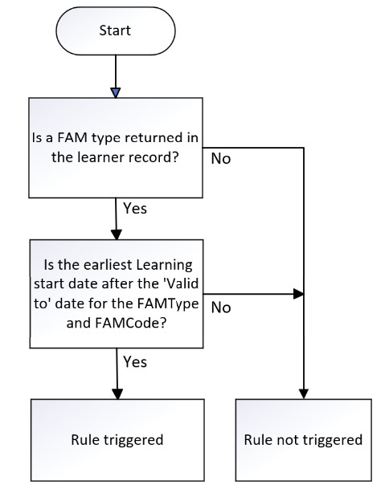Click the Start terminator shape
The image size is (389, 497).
116,31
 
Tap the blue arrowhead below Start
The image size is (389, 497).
116,93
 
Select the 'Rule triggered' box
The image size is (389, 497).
117,440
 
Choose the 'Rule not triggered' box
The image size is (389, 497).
303,440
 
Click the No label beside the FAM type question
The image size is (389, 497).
221,158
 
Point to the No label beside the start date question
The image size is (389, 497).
221,308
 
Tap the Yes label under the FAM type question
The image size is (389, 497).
135,209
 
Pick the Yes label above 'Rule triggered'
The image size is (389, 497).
135,361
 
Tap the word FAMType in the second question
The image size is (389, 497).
168,304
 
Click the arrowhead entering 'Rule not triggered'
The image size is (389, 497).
304,393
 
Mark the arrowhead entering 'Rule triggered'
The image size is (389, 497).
117,393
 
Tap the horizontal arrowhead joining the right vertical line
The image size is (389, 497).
298,294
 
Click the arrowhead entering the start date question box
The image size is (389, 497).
117,234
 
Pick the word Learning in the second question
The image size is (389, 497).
160,266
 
